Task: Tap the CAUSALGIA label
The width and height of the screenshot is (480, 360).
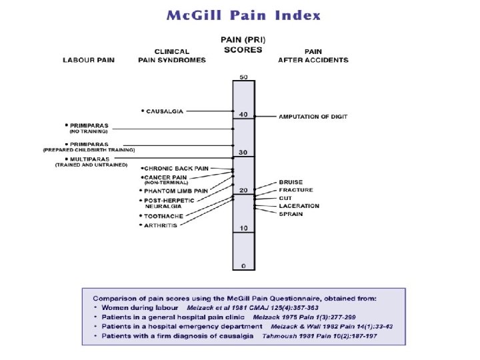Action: tap(165, 111)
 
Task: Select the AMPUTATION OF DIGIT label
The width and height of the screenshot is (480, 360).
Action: tap(313, 117)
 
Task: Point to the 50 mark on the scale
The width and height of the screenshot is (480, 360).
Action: tap(243, 77)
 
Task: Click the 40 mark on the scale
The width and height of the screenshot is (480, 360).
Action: tap(243, 114)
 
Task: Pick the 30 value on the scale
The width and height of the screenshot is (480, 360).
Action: tap(243, 153)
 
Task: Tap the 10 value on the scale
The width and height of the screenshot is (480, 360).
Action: tap(243, 228)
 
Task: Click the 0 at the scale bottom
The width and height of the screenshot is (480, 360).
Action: tap(243, 265)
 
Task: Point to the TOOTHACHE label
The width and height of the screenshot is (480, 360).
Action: tap(164, 216)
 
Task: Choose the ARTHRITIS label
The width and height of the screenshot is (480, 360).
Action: tap(163, 225)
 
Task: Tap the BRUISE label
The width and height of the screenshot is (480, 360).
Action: tap(291, 182)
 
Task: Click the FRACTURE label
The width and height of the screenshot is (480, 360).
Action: tap(295, 190)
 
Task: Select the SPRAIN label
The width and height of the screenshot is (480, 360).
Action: tap(291, 214)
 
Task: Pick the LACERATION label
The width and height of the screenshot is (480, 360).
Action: tap(299, 206)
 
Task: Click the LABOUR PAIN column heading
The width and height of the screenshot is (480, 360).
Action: tap(89, 60)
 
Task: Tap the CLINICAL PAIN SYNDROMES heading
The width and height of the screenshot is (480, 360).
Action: tap(172, 56)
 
